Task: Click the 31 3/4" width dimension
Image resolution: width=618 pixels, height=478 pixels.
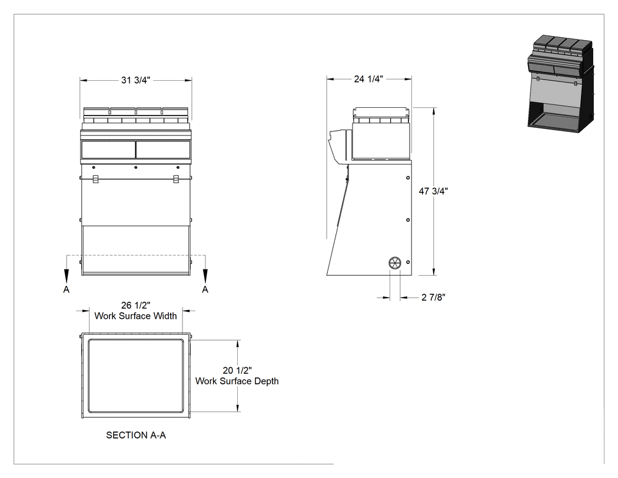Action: pyautogui.click(x=135, y=80)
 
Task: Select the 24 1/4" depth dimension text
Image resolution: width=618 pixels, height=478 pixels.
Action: pyautogui.click(x=368, y=79)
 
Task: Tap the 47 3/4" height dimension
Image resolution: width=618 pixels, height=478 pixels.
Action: pyautogui.click(x=433, y=191)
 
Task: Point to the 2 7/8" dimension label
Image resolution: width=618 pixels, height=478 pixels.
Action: pyautogui.click(x=433, y=297)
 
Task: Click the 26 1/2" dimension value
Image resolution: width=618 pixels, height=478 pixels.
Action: pyautogui.click(x=135, y=305)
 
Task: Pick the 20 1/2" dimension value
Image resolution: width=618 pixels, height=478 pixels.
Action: pyautogui.click(x=237, y=370)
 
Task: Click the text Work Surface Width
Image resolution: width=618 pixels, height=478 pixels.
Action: pyautogui.click(x=135, y=316)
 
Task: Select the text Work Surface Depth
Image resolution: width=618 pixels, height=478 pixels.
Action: pyautogui.click(x=237, y=381)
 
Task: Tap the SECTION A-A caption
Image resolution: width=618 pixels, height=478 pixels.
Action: pyautogui.click(x=136, y=435)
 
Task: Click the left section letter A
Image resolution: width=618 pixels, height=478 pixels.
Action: pyautogui.click(x=66, y=289)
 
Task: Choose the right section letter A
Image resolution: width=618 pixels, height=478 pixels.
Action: pyautogui.click(x=205, y=289)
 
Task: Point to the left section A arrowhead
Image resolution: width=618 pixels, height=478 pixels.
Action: pyautogui.click(x=66, y=275)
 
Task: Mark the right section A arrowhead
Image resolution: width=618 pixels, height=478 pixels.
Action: pyautogui.click(x=205, y=275)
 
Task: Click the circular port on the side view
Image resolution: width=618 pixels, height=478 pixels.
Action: pyautogui.click(x=394, y=263)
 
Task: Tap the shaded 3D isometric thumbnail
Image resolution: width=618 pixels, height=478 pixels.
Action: pyautogui.click(x=561, y=84)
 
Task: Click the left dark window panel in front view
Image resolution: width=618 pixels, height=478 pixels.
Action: pyautogui.click(x=108, y=150)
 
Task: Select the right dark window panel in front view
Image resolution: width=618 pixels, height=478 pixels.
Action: pyautogui.click(x=163, y=150)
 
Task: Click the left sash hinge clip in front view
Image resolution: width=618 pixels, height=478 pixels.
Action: pyautogui.click(x=96, y=179)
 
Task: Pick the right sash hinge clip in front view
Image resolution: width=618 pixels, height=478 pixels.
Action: pyautogui.click(x=176, y=179)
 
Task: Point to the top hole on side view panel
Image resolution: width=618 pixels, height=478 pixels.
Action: pyautogui.click(x=408, y=178)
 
